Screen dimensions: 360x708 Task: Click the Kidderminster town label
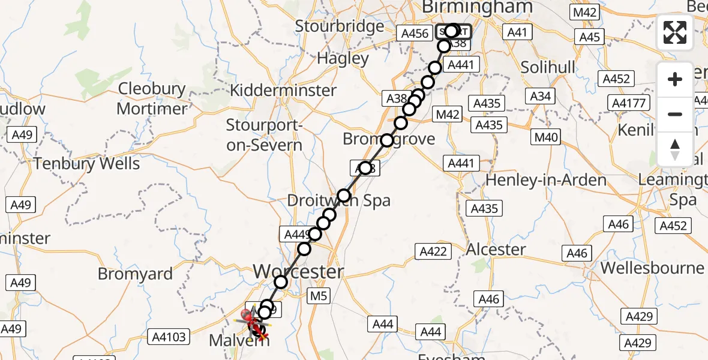click(284, 91)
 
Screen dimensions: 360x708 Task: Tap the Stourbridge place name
click(340, 26)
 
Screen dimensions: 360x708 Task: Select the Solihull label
click(544, 67)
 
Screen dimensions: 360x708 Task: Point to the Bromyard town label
click(135, 274)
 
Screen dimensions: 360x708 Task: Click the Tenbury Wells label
click(87, 163)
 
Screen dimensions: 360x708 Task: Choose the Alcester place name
click(496, 249)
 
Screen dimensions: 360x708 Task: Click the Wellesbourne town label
click(653, 268)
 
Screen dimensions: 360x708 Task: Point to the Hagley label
click(343, 59)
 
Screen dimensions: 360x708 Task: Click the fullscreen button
click(675, 32)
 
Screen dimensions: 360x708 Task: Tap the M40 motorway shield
click(547, 137)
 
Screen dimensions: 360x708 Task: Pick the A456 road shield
click(415, 34)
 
